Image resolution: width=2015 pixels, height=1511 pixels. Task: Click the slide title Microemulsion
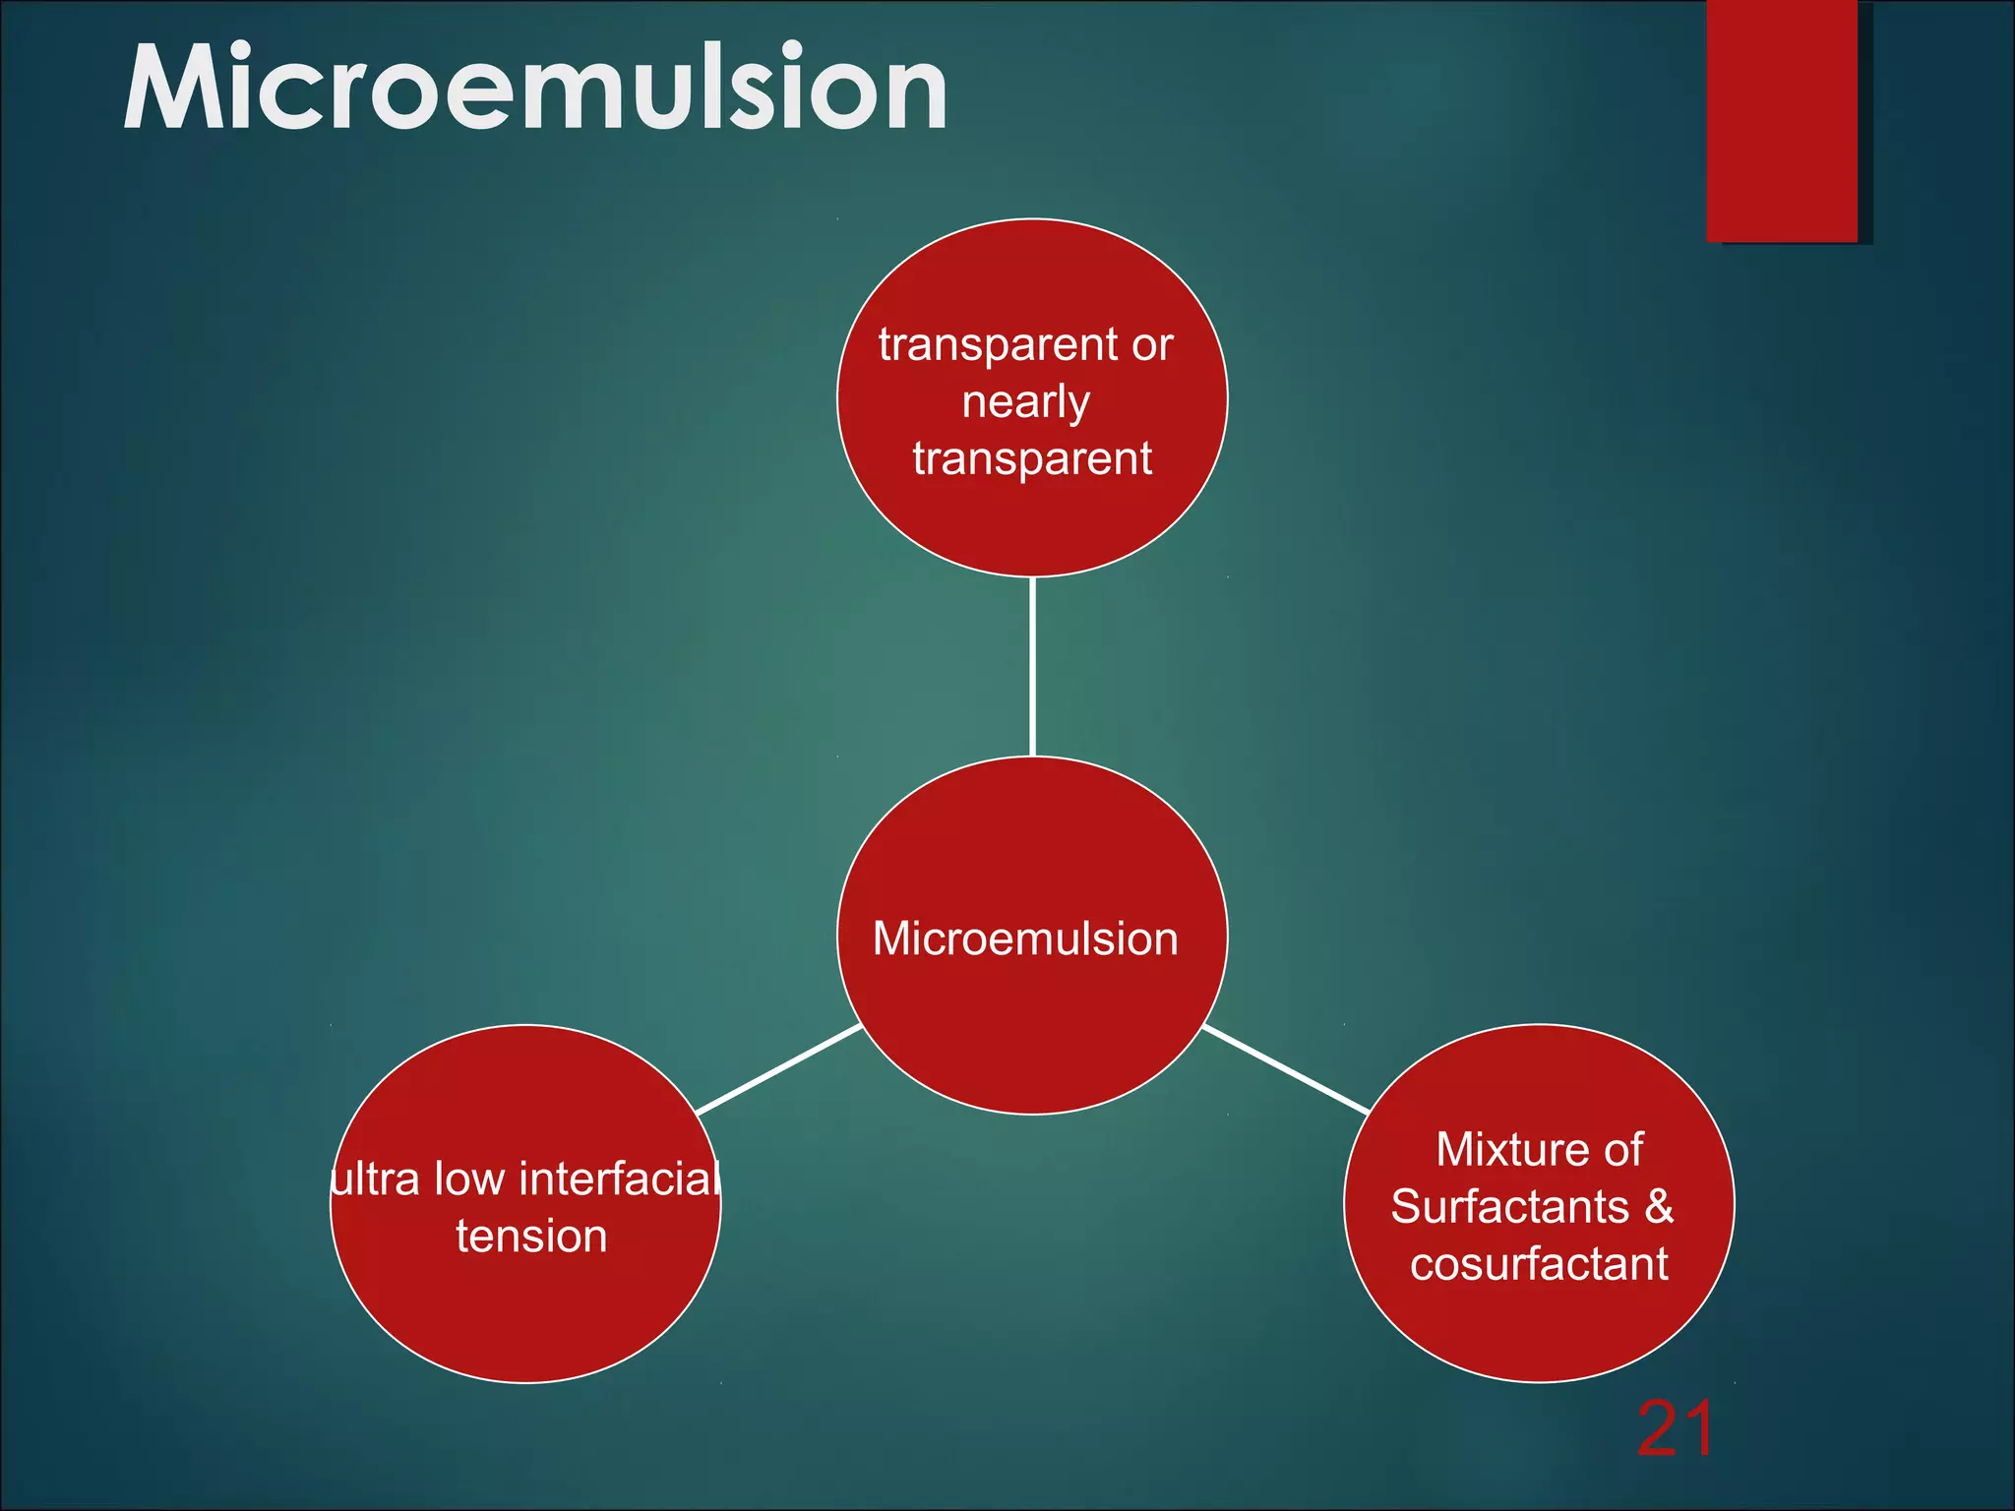pos(535,89)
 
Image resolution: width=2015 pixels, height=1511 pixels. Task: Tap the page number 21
pos(1675,1429)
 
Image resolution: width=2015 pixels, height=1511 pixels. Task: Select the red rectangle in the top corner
pos(1782,120)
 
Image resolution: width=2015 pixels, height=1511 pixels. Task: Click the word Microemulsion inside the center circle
pos(1025,938)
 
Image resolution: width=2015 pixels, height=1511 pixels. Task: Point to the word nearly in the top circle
pos(1025,402)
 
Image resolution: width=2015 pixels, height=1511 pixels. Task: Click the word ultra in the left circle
pos(376,1179)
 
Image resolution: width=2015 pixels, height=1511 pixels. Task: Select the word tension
pos(531,1236)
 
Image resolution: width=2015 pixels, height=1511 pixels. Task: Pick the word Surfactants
pos(1509,1206)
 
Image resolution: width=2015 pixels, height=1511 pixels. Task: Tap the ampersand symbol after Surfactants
pos(1659,1206)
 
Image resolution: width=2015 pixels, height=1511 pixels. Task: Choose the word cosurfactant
pos(1539,1264)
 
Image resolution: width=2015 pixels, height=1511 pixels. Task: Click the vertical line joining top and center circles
pos(1032,667)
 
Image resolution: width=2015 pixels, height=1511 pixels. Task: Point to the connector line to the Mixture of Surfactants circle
pos(1287,1069)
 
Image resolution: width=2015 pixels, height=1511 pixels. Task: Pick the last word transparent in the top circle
pos(1032,459)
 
